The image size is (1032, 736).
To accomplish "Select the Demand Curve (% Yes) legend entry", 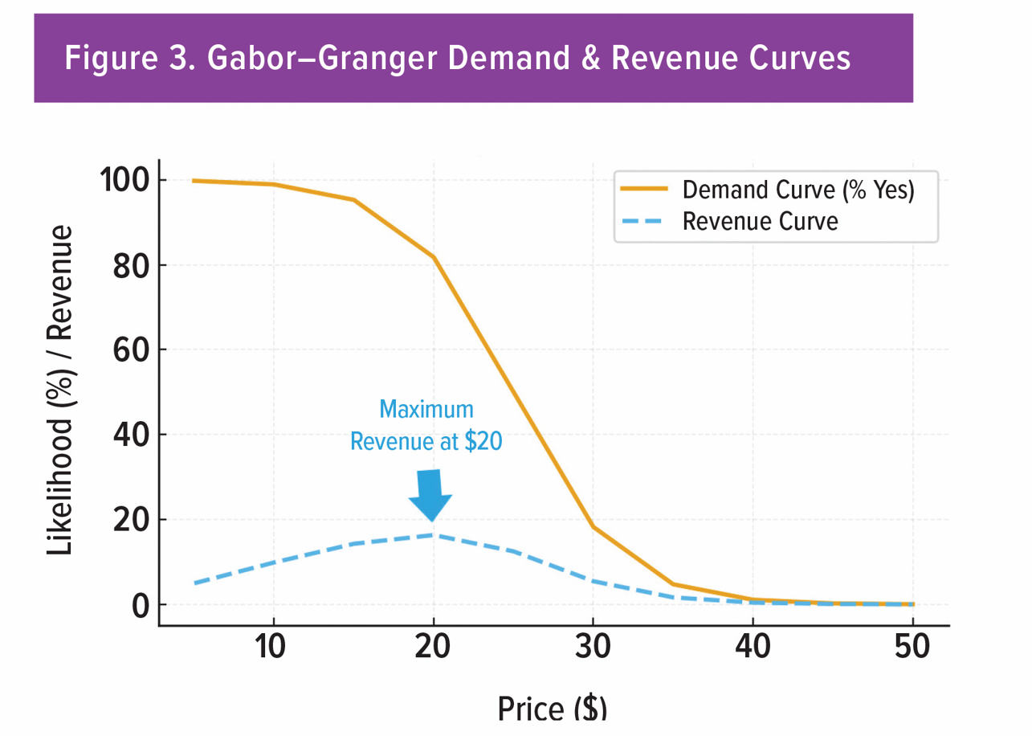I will [797, 190].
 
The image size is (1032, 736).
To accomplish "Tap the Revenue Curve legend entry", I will [759, 222].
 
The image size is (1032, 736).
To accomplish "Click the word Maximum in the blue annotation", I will [426, 410].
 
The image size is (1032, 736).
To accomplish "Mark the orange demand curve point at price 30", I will [593, 526].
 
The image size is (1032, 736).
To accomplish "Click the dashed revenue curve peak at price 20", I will [434, 535].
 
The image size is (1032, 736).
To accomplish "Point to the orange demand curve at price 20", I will [434, 257].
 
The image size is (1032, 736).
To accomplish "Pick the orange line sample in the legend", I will [643, 190].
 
